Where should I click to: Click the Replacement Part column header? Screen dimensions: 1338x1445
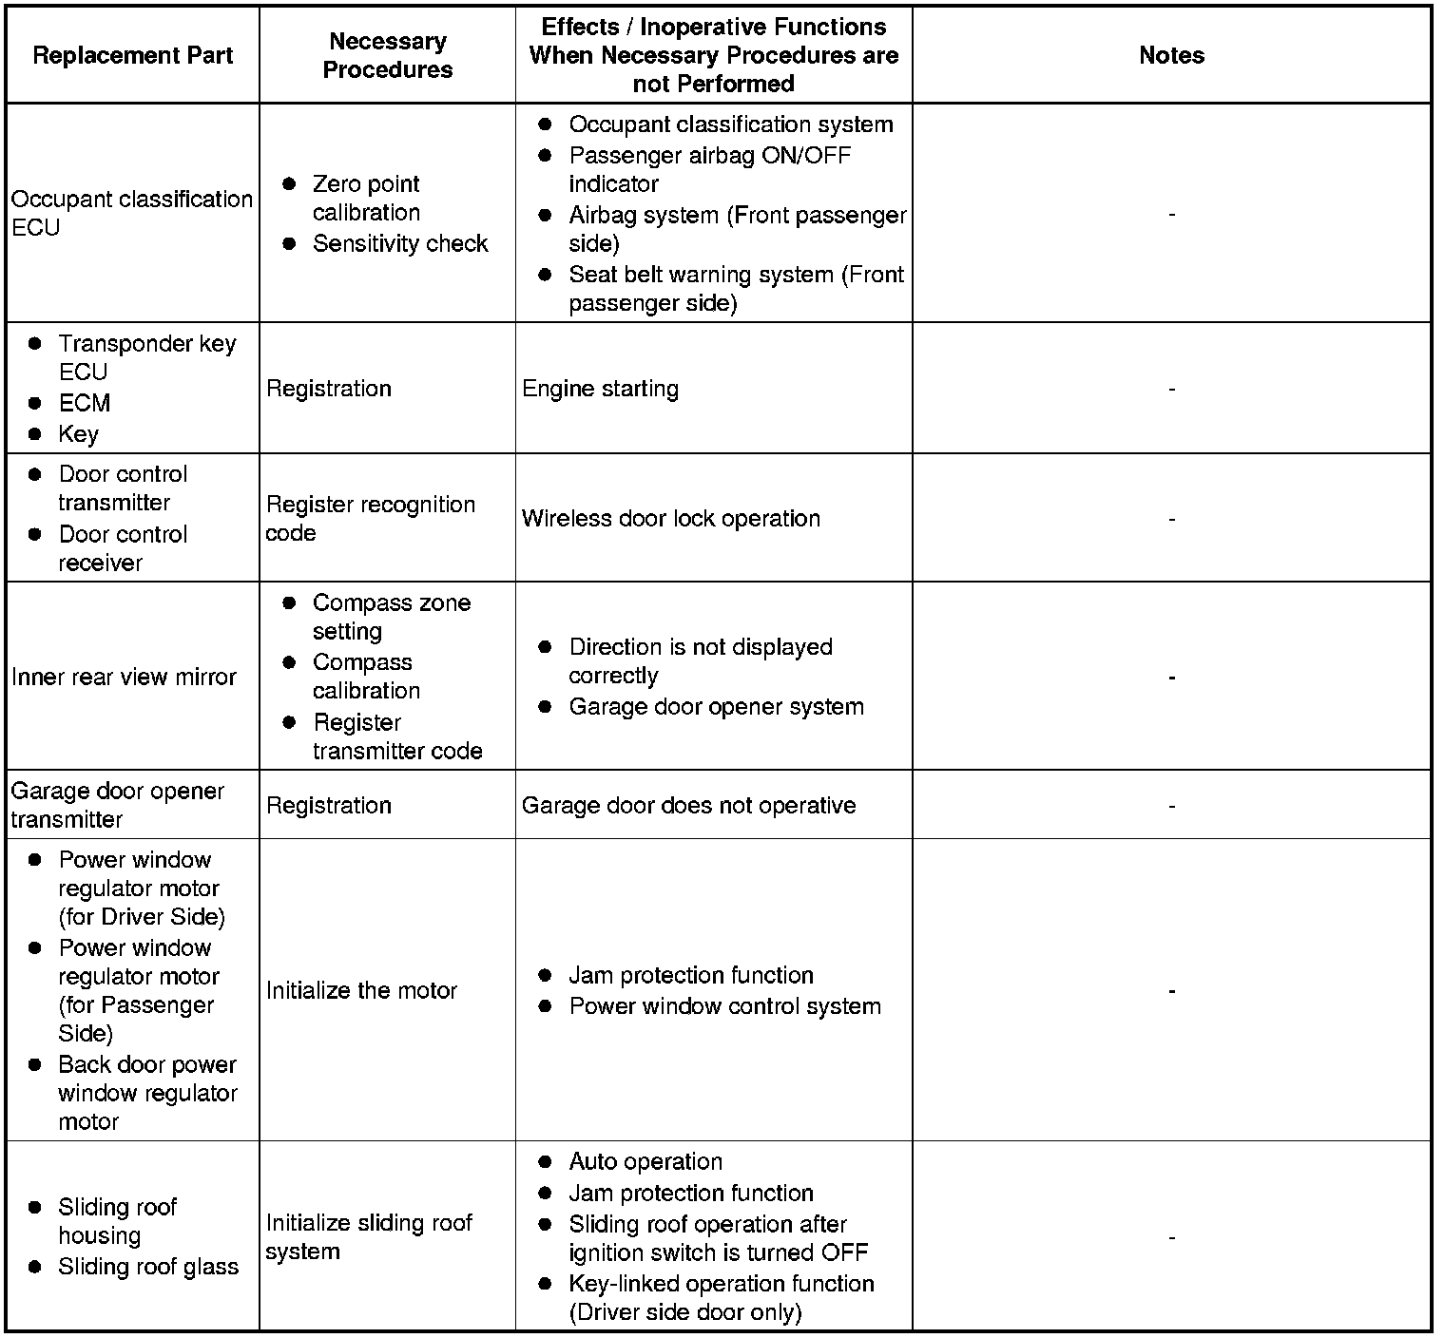pyautogui.click(x=132, y=55)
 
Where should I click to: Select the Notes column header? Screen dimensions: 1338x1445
pyautogui.click(x=1171, y=55)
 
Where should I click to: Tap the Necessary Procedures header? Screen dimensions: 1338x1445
pyautogui.click(x=387, y=55)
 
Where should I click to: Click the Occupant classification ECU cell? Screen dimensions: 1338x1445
pyautogui.click(x=131, y=213)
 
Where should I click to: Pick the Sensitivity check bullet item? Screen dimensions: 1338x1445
pyautogui.click(x=399, y=243)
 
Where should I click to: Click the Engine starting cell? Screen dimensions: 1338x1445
pyautogui.click(x=600, y=389)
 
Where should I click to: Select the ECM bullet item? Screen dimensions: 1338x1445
pyautogui.click(x=85, y=403)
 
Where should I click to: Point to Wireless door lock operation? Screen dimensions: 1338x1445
pyautogui.click(x=670, y=518)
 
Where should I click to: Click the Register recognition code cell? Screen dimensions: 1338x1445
pyautogui.click(x=370, y=518)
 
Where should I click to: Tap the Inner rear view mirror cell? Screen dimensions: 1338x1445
pyautogui.click(x=124, y=677)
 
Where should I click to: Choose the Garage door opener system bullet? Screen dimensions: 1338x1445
pyautogui.click(x=715, y=706)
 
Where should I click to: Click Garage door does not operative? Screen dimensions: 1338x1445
pyautogui.click(x=688, y=805)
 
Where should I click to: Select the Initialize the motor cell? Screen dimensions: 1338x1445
pyautogui.click(x=361, y=990)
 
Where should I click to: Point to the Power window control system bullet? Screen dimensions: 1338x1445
pyautogui.click(x=724, y=1005)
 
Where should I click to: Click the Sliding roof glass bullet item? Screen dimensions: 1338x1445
pyautogui.click(x=147, y=1266)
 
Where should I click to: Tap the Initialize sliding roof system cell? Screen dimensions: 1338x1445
pyautogui.click(x=369, y=1236)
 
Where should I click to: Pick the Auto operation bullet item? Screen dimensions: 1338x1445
pyautogui.click(x=645, y=1161)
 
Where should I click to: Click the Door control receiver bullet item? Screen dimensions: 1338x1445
pyautogui.click(x=122, y=548)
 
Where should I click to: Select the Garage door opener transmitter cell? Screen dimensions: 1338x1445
pyautogui.click(x=117, y=805)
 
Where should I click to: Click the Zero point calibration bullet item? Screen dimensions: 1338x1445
pyautogui.click(x=365, y=198)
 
